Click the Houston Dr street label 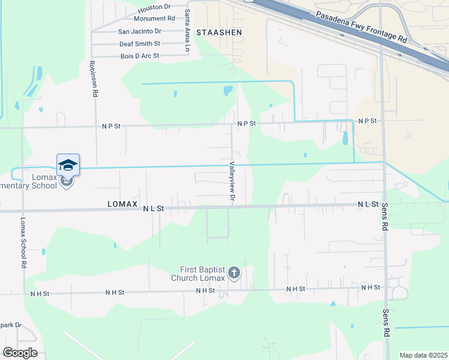154,9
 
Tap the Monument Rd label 154,19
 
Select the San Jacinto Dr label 140,31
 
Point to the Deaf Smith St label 140,44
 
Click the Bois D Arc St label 139,56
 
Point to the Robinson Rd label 94,79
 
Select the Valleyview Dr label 232,181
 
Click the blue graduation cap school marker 68,165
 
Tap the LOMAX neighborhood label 123,204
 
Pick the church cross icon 234,274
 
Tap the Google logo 20,352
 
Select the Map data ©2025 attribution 423,355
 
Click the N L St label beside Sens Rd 367,205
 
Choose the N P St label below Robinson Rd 111,126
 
